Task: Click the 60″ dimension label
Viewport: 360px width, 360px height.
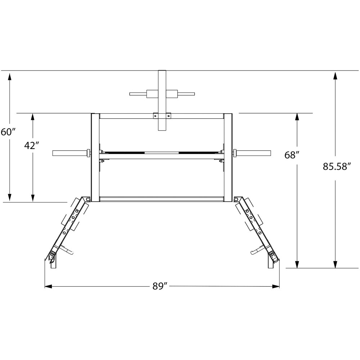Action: coord(8,132)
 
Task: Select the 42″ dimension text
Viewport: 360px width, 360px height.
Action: coord(32,145)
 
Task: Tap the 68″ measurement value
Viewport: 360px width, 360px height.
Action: coord(291,155)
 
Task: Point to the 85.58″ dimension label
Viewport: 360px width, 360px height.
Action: coord(337,166)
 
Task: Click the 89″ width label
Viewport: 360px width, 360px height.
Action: coord(161,286)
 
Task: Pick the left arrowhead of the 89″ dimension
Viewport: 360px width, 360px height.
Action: coord(48,286)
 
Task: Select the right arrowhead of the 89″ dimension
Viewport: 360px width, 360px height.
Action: coord(276,286)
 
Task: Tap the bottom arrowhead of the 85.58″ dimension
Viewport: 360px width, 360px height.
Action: coord(336,264)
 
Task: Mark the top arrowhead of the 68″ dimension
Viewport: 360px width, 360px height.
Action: coord(297,117)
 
